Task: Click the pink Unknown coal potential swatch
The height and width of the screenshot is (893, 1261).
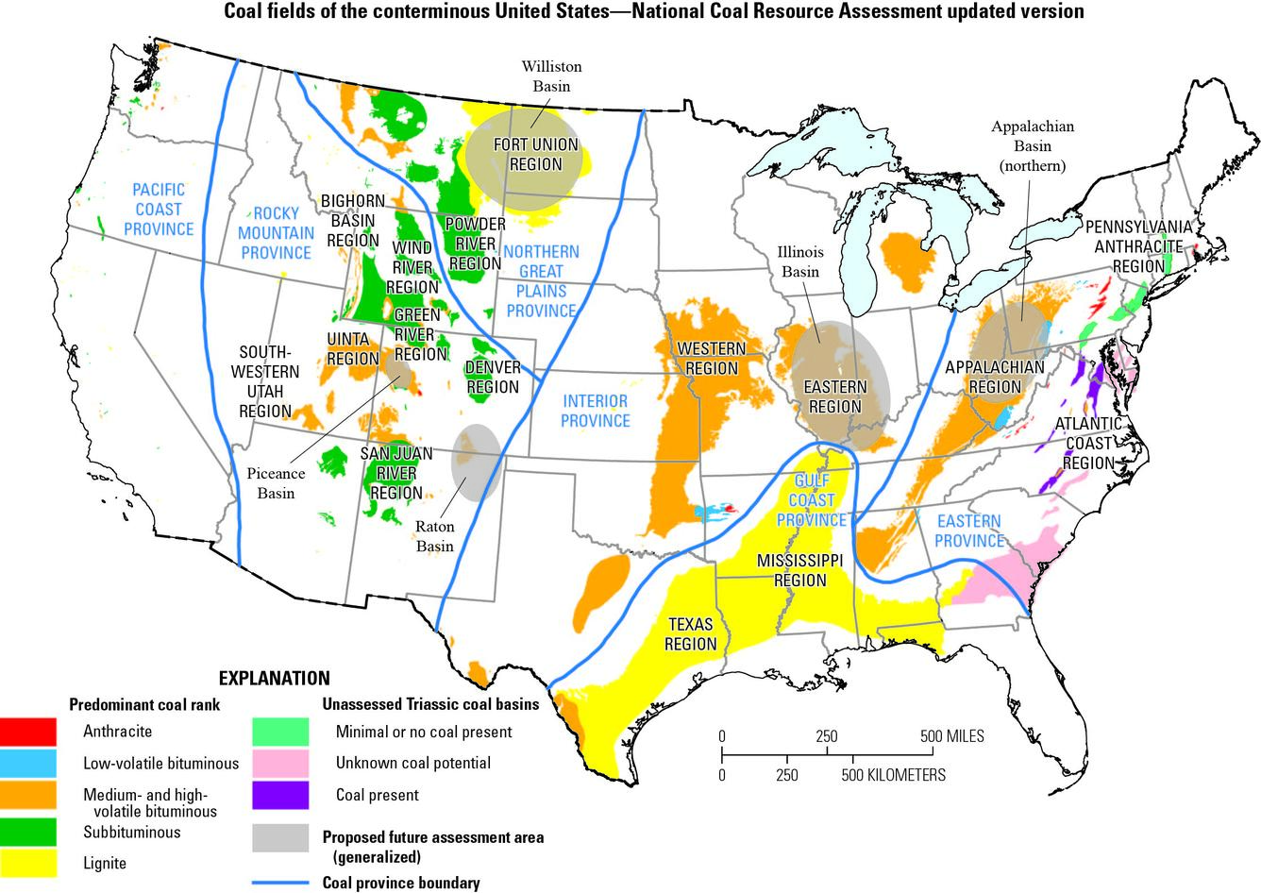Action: (281, 763)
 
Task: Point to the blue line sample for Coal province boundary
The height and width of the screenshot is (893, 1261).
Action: (281, 884)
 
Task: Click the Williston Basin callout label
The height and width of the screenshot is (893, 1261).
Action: (551, 76)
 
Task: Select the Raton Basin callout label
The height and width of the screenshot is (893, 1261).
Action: (435, 536)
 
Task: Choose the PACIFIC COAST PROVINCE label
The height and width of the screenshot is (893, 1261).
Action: (159, 209)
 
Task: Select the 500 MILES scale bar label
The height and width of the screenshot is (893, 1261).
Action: (951, 735)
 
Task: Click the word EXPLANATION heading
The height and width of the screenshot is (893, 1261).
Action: (275, 678)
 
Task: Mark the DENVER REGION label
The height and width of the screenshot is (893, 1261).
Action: (492, 377)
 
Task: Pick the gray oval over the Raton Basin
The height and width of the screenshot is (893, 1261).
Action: (475, 462)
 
